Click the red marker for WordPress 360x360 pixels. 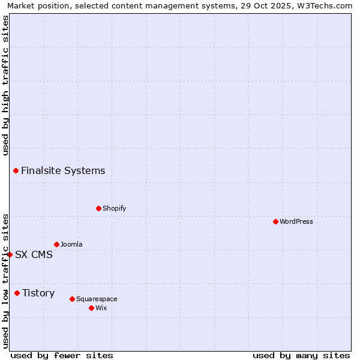pyautogui.click(x=275, y=221)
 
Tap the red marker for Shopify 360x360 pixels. pyautogui.click(x=98, y=208)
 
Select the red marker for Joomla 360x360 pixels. pyautogui.click(x=56, y=244)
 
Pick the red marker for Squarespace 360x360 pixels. pyautogui.click(x=72, y=299)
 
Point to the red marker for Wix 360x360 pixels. pyautogui.click(x=91, y=308)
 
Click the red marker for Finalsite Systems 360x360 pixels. pyautogui.click(x=16, y=170)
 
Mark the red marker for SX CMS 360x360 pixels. pyautogui.click(x=10, y=254)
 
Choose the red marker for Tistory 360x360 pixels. pyautogui.click(x=17, y=293)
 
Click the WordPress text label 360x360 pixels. pyautogui.click(x=296, y=221)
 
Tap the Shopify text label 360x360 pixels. pyautogui.click(x=115, y=208)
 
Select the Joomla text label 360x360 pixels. pyautogui.click(x=71, y=244)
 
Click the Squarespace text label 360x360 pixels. pyautogui.click(x=97, y=299)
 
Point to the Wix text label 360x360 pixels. pyautogui.click(x=101, y=308)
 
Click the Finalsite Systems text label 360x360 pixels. pyautogui.click(x=63, y=170)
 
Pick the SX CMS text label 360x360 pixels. pyautogui.click(x=34, y=254)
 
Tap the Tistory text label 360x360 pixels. pyautogui.click(x=38, y=293)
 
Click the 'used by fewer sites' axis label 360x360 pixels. pyautogui.click(x=62, y=355)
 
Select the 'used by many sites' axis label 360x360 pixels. pyautogui.click(x=301, y=355)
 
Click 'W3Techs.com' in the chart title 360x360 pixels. pyautogui.click(x=326, y=5)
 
